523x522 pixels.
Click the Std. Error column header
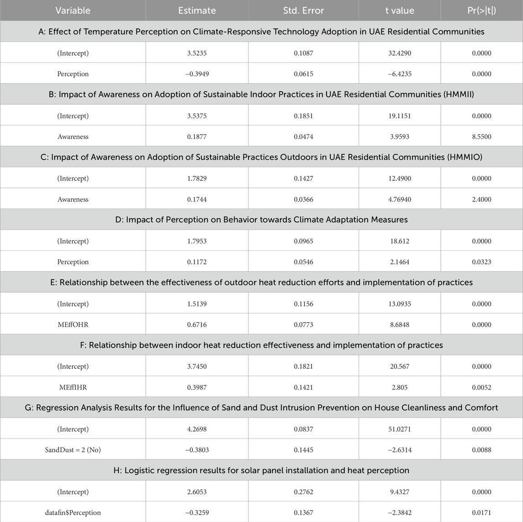(303, 11)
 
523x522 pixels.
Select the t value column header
(400, 11)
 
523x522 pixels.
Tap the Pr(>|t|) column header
(481, 11)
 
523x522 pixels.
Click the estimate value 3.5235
(197, 53)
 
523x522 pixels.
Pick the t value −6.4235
(400, 74)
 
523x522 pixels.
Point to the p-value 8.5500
(481, 137)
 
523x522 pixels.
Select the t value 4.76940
(400, 200)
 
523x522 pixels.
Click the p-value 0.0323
(481, 262)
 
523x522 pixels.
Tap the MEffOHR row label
(73, 325)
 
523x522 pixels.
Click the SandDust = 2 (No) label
(73, 450)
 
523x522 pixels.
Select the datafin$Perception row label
(73, 512)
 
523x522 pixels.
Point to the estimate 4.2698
(197, 429)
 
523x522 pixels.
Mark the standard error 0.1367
(303, 512)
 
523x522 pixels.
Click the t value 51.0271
(400, 429)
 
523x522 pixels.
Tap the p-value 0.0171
(481, 512)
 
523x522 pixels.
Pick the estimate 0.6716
(197, 325)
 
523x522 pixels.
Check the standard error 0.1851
(303, 116)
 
